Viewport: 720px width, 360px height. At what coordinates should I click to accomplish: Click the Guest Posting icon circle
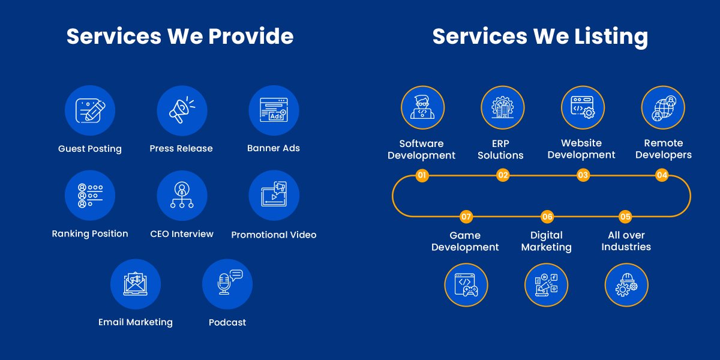pos(90,110)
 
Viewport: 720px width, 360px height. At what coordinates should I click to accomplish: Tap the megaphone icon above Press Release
pos(182,110)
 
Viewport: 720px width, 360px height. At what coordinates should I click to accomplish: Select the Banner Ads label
pos(274,148)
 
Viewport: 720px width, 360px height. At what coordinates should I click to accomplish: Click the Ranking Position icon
pos(90,196)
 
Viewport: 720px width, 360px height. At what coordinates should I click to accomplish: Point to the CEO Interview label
pos(182,233)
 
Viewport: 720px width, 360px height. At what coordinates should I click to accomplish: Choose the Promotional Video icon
pos(274,196)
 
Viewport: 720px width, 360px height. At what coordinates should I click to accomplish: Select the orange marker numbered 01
pos(422,175)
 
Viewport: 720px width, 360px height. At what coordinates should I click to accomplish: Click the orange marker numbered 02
pos(503,175)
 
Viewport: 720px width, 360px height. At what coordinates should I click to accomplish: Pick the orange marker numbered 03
pos(583,175)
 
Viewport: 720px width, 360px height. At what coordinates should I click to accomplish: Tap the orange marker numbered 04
pos(662,175)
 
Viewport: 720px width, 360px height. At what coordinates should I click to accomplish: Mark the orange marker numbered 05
pos(625,217)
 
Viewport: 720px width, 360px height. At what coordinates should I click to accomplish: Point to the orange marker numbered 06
pos(547,217)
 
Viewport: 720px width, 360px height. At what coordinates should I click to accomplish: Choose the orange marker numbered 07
pos(466,217)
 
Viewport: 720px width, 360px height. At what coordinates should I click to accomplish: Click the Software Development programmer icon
pos(422,107)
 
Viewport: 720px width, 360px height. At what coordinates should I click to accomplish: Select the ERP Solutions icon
pos(503,107)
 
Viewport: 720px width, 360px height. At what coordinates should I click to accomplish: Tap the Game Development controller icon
pos(466,285)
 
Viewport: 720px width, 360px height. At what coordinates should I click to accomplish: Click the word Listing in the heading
pos(611,37)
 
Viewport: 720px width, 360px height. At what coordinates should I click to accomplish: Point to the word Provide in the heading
pos(251,36)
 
